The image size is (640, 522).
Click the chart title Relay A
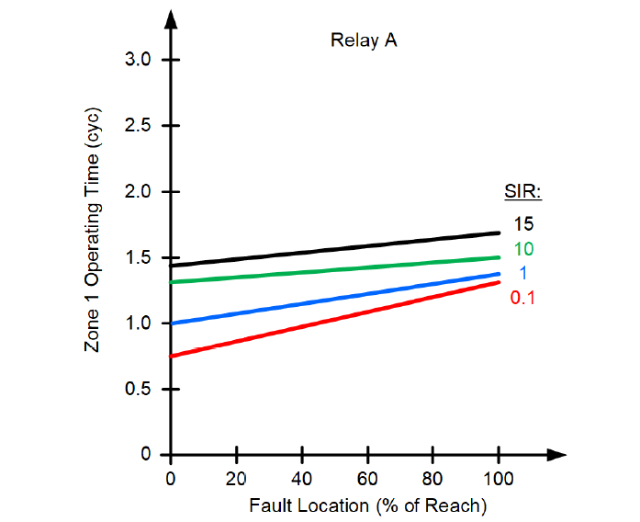[x=364, y=40]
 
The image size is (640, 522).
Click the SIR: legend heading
[x=522, y=193]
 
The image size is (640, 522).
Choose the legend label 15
[x=523, y=223]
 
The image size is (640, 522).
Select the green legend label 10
[x=523, y=248]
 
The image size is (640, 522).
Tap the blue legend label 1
[x=523, y=273]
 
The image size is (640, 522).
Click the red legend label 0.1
[x=523, y=298]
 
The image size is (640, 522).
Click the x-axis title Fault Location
[x=366, y=505]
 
